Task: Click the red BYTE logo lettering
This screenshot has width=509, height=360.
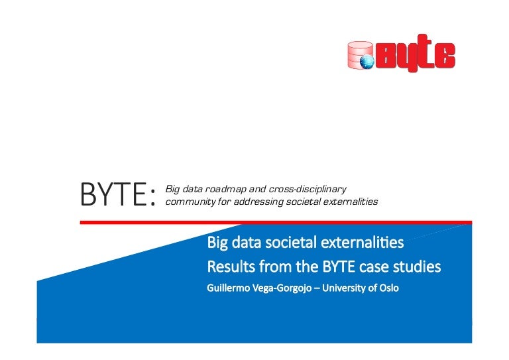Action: click(x=415, y=54)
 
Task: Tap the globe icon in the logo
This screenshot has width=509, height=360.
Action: click(x=367, y=61)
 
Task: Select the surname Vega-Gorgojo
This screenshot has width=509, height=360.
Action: click(x=284, y=288)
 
